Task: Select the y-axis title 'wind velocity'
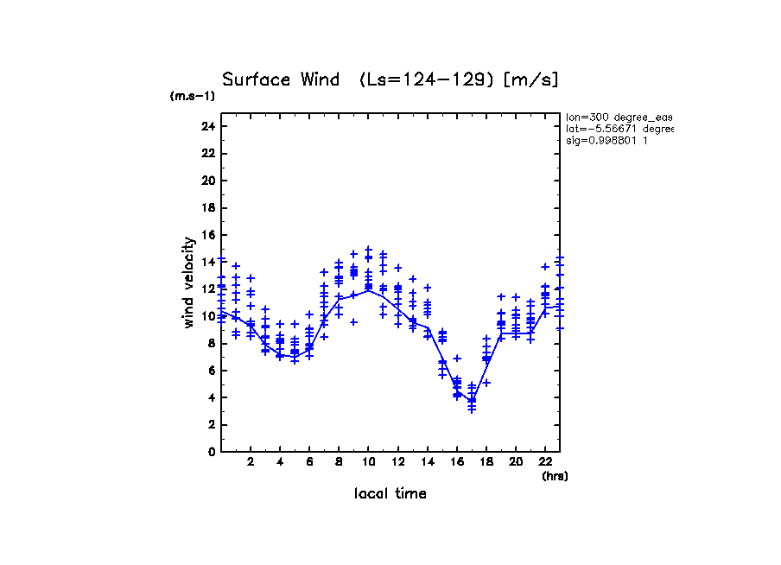[x=189, y=282]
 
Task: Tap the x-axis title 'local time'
[x=390, y=493]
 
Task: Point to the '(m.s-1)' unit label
[x=192, y=96]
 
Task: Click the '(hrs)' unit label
[x=555, y=475]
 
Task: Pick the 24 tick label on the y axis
[x=207, y=126]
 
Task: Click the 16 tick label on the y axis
[x=207, y=235]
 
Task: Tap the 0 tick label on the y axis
[x=210, y=451]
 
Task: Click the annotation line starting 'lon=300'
[x=619, y=117]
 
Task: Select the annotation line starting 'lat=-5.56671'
[x=619, y=129]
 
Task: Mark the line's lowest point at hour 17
[x=472, y=400]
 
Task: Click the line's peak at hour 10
[x=369, y=289]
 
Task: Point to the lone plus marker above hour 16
[x=457, y=358]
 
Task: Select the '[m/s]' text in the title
[x=531, y=79]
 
